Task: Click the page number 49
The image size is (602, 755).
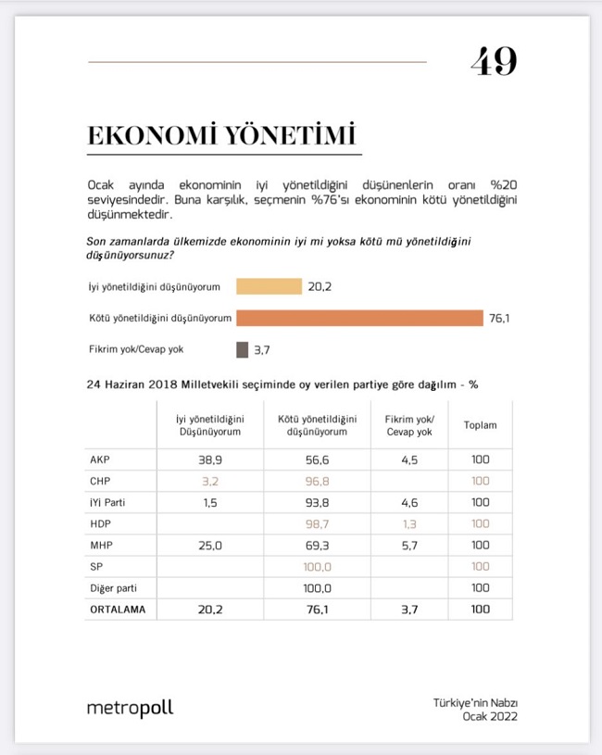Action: pos(493,62)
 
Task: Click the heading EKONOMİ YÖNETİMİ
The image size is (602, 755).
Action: pos(221,135)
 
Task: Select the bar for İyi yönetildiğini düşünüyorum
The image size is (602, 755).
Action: pos(269,286)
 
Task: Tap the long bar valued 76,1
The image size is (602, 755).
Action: pos(359,318)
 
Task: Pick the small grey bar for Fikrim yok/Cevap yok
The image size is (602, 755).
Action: pos(242,349)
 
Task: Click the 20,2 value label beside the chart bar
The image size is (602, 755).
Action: pos(320,286)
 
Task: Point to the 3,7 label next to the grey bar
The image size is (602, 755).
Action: pos(262,350)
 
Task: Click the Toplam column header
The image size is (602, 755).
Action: pos(480,425)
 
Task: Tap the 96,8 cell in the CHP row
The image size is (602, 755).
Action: pos(317,481)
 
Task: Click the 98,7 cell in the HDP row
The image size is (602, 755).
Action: pos(317,524)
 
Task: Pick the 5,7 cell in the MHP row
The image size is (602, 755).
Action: pos(408,546)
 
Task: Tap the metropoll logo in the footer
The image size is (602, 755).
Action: pos(130,709)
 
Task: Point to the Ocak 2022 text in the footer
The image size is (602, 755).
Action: pos(490,716)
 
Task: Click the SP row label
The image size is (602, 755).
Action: pos(95,567)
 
